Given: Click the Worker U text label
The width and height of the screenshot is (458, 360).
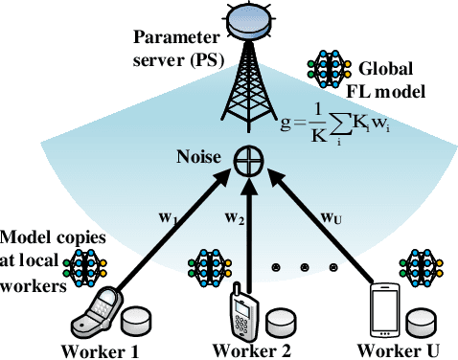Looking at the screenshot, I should tap(393, 350).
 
